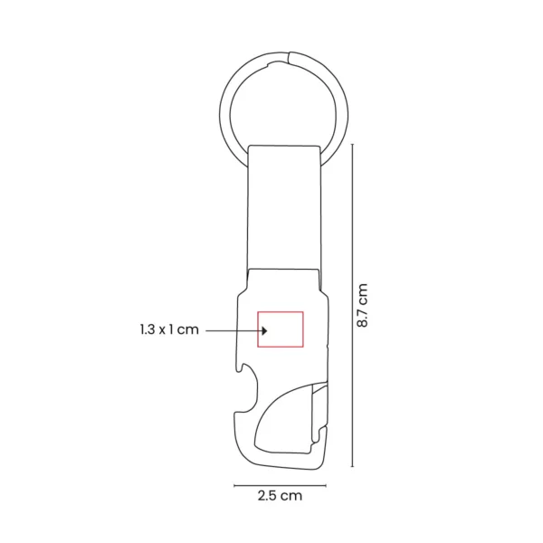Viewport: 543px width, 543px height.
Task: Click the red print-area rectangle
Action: click(281, 329)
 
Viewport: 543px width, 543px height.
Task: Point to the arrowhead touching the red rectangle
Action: click(256, 330)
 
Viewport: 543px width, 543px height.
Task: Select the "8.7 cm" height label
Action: click(362, 305)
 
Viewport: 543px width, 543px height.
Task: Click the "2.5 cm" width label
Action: click(279, 495)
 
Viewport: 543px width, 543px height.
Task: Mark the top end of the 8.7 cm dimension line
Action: click(351, 143)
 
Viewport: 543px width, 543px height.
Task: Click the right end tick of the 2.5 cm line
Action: click(326, 484)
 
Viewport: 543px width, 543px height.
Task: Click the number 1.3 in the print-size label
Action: click(148, 330)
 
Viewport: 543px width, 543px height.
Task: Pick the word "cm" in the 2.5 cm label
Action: click(291, 495)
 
